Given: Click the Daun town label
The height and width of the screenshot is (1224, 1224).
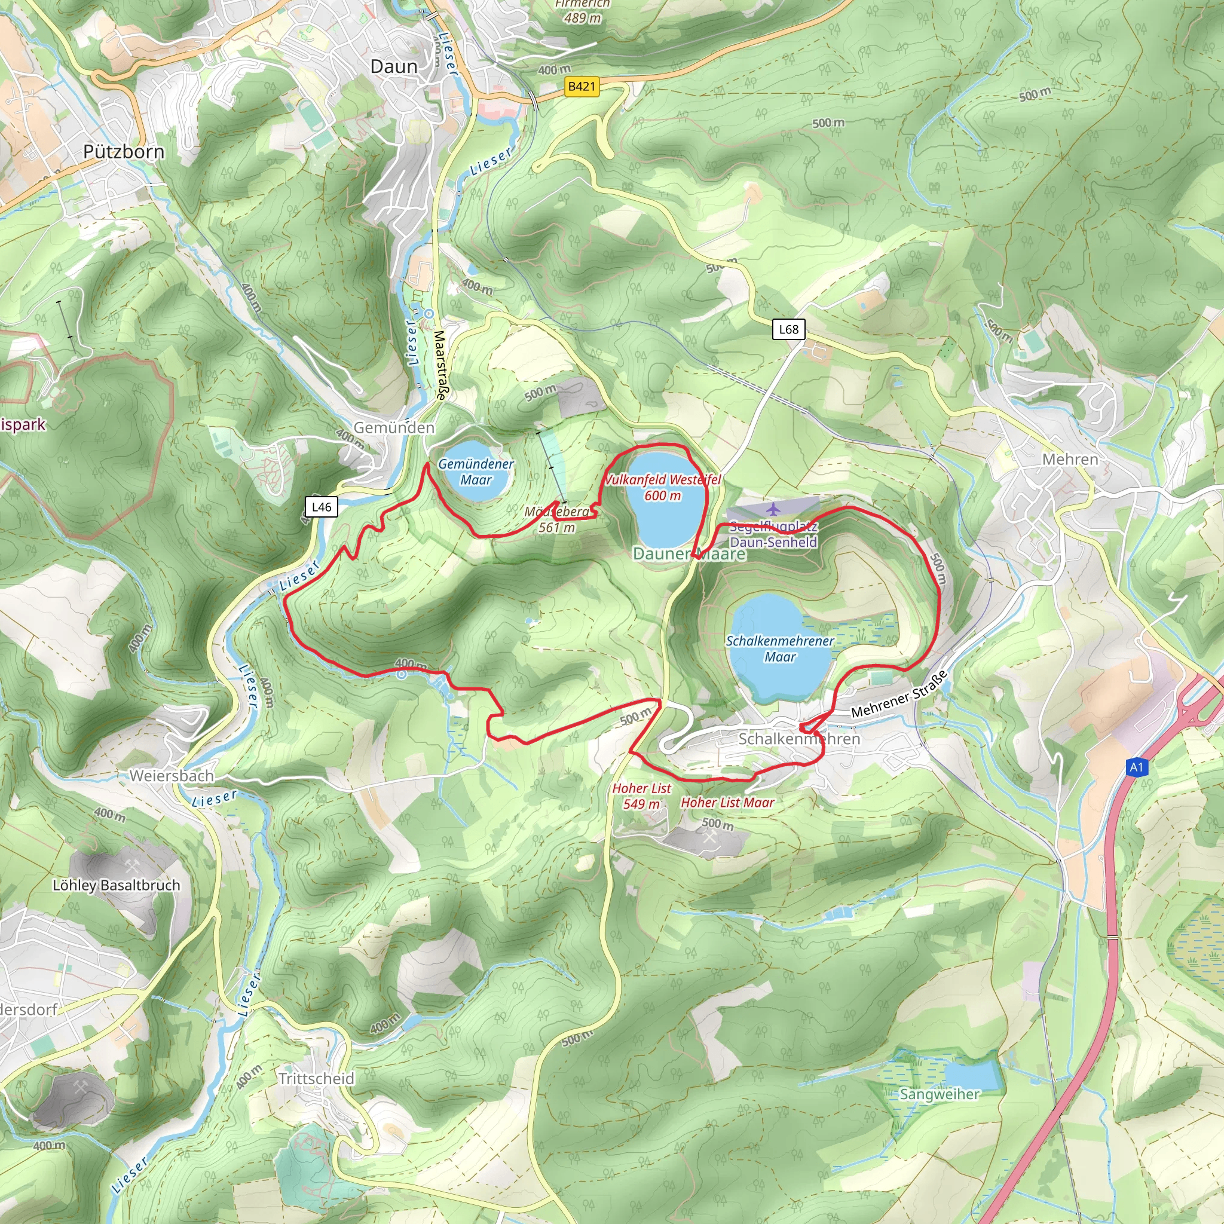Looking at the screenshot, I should [x=393, y=66].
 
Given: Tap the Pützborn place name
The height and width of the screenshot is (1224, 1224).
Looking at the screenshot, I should [x=124, y=152].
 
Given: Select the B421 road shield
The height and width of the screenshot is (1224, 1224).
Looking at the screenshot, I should [x=582, y=86].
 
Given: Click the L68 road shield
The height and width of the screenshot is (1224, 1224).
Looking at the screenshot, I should [x=788, y=329].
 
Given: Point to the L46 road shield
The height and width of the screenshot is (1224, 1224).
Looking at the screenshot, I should [x=321, y=507].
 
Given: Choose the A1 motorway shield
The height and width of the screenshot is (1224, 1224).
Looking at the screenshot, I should [x=1137, y=767].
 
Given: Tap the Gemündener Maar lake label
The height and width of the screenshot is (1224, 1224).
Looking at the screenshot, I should [x=476, y=472].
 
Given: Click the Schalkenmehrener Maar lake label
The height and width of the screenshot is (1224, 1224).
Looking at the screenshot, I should [x=780, y=648].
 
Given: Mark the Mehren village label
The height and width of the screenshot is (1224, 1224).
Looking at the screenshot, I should [x=1070, y=460].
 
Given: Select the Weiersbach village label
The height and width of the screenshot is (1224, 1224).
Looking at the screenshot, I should [x=172, y=775].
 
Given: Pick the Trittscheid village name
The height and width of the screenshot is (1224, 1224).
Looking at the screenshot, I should [x=316, y=1078].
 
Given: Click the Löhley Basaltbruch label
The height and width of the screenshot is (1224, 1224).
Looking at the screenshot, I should [x=116, y=885].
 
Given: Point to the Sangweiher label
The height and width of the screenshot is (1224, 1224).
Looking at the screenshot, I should [x=940, y=1094].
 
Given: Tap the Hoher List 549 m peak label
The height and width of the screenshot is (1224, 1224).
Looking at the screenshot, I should [x=641, y=795].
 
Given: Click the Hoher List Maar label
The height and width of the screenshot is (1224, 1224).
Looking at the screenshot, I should [x=727, y=803].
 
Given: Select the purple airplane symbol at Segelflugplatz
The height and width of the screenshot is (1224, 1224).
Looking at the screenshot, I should [x=773, y=509].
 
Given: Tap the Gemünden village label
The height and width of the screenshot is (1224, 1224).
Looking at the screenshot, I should [x=394, y=428].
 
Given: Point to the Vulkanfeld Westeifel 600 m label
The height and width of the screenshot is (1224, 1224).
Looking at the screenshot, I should [x=663, y=488].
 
